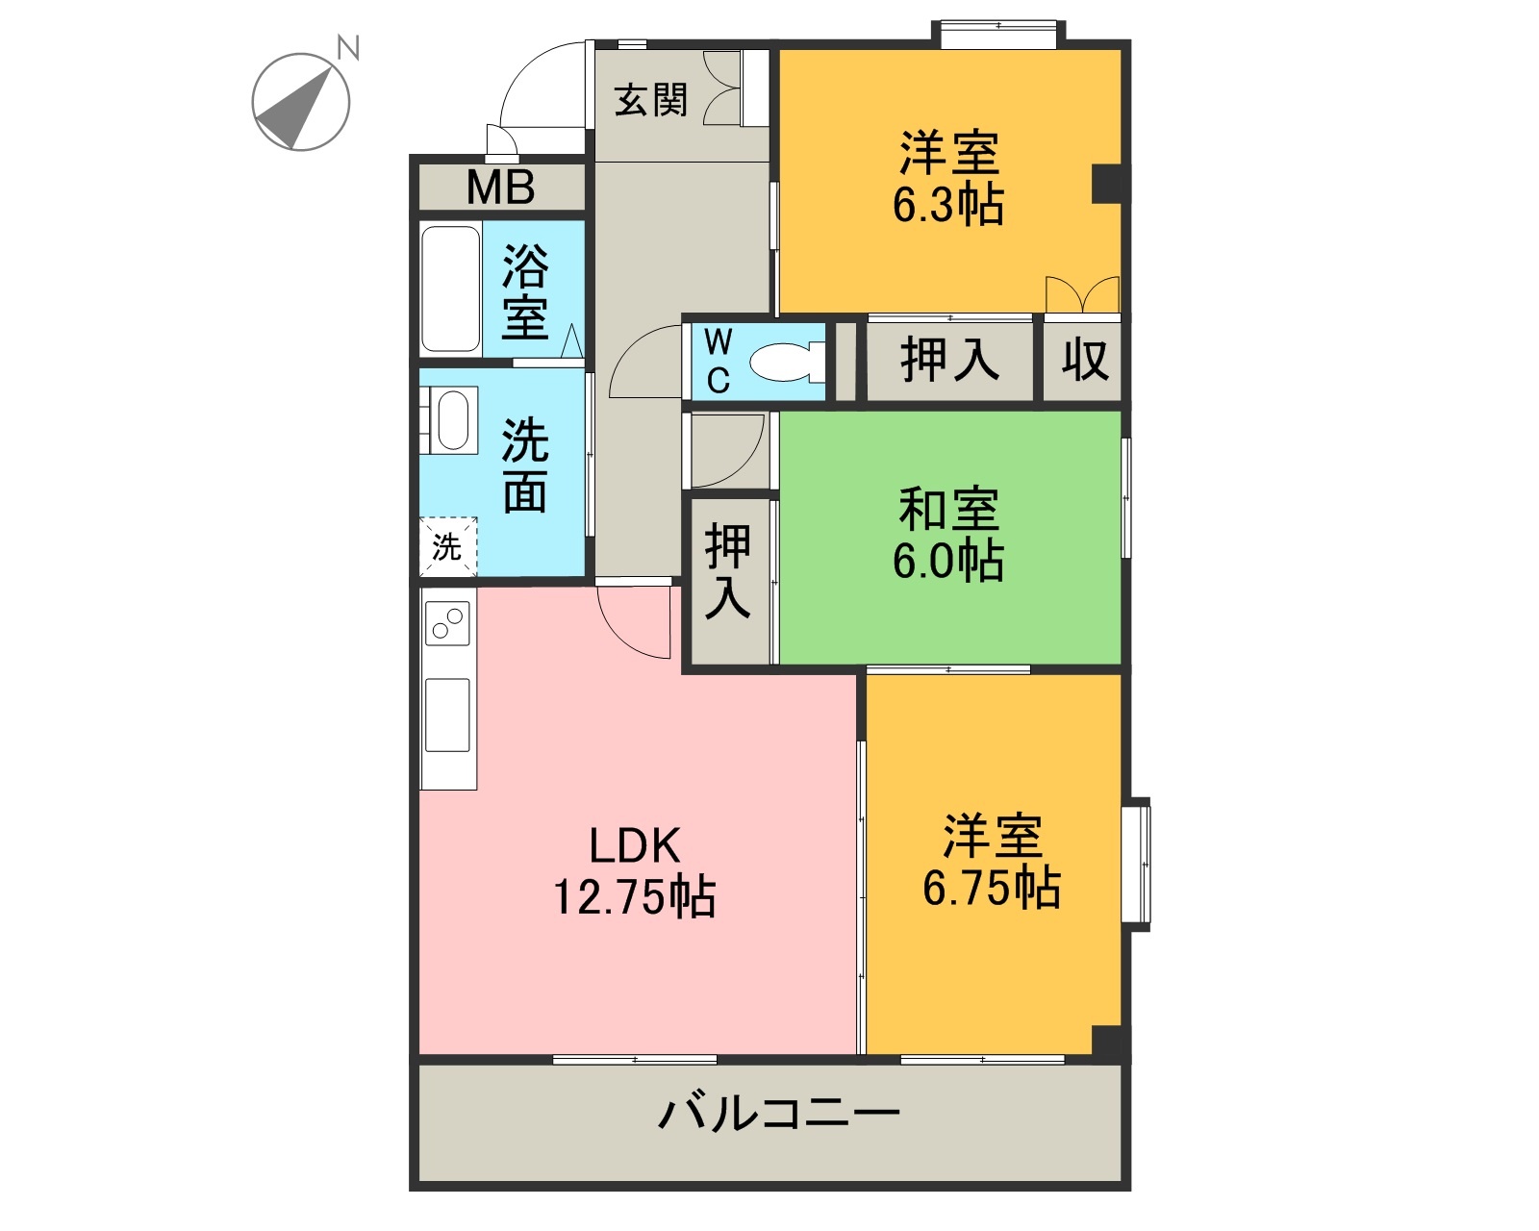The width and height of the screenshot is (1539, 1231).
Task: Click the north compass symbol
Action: (x=301, y=101)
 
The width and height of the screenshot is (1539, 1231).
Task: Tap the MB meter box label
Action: (x=500, y=187)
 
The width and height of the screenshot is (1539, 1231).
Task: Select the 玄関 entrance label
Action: (x=651, y=100)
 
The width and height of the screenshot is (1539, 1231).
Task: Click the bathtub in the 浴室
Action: (x=450, y=289)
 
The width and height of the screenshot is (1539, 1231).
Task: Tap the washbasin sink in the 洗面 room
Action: (x=452, y=420)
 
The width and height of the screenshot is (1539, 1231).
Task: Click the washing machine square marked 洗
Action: (x=447, y=547)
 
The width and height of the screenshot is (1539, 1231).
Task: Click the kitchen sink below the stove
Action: (x=448, y=715)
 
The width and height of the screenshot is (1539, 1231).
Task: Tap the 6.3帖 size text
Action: (x=948, y=205)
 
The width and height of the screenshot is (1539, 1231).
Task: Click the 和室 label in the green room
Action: (x=949, y=509)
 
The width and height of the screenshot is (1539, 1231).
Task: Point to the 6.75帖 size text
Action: (x=992, y=887)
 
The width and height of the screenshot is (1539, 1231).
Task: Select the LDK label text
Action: (x=635, y=845)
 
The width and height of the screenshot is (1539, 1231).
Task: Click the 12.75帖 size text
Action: (x=635, y=896)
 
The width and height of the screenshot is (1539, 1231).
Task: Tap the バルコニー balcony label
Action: (x=778, y=1113)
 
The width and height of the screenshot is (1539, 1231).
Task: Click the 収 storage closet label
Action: (x=1084, y=360)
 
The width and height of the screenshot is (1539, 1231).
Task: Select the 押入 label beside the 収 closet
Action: (x=949, y=360)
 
